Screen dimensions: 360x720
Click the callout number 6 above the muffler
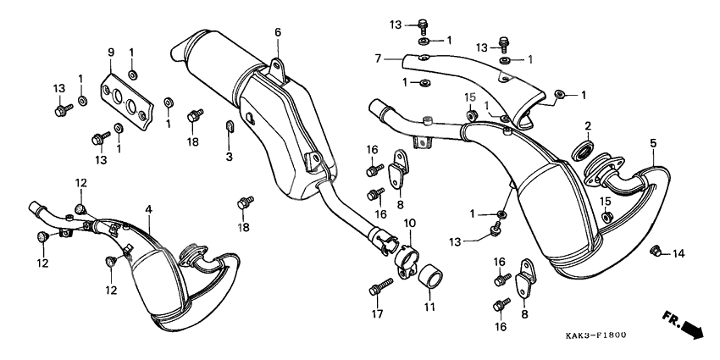point(276,32)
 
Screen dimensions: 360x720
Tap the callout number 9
point(109,53)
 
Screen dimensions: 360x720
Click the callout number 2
point(587,125)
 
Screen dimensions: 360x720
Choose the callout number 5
point(653,142)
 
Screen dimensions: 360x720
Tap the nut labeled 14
point(655,251)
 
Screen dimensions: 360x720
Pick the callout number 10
point(409,222)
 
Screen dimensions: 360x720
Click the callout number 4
point(149,208)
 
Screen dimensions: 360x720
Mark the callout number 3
point(229,157)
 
